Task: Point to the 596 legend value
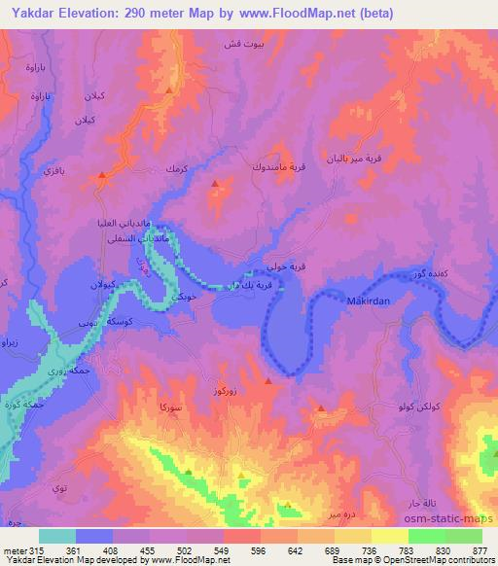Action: coord(258,549)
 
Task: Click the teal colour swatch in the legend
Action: coord(57,536)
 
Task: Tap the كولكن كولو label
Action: coord(420,404)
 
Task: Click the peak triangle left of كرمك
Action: coord(102,175)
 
